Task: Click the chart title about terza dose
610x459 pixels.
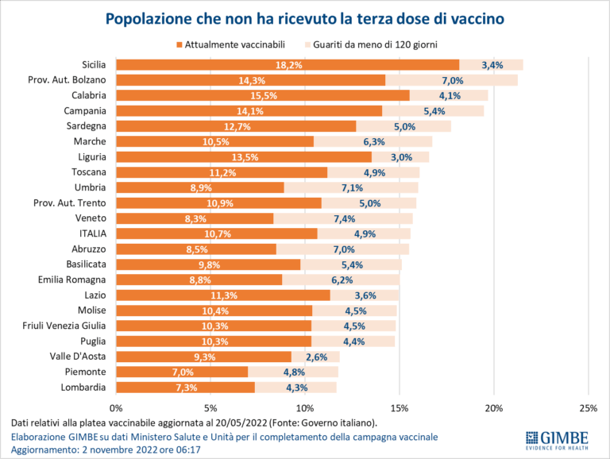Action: [305, 17]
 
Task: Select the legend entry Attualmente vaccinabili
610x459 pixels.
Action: [230, 44]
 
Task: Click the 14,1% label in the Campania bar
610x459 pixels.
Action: [249, 111]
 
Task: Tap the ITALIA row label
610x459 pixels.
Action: [92, 233]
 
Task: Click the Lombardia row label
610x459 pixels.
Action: [84, 387]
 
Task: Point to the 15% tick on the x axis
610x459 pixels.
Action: [399, 408]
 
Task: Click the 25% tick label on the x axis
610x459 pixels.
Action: [588, 408]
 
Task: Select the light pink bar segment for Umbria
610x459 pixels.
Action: [350, 187]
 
